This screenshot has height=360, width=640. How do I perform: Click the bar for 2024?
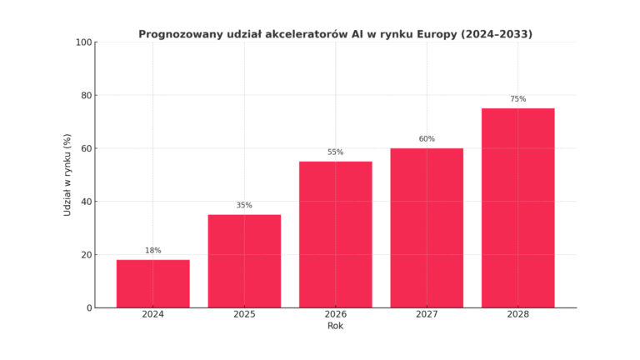[x=152, y=283]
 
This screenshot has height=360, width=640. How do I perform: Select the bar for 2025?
[x=244, y=261]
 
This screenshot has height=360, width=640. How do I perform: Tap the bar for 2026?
[x=335, y=234]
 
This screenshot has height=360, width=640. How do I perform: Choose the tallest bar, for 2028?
[x=517, y=207]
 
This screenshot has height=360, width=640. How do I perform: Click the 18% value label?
[x=152, y=250]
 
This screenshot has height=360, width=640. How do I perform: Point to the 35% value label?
[x=244, y=205]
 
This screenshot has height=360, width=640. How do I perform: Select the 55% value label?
[x=335, y=152]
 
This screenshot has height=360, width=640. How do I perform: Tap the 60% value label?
[x=427, y=138]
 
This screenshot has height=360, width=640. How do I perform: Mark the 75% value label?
[x=517, y=98]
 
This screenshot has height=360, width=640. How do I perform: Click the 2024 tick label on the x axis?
[x=152, y=315]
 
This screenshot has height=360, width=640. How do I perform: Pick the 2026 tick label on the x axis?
[x=335, y=315]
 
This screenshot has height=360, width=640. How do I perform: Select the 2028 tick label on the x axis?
[x=517, y=315]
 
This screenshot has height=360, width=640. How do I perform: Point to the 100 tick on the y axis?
[x=83, y=42]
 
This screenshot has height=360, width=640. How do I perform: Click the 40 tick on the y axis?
[x=87, y=202]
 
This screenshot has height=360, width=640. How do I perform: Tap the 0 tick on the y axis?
[x=89, y=308]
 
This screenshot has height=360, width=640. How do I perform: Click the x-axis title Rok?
[x=335, y=326]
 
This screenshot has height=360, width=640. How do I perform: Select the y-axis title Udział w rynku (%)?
[x=67, y=175]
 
